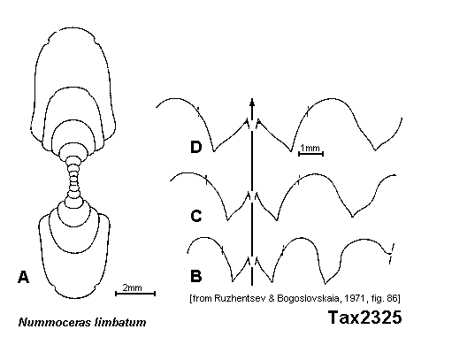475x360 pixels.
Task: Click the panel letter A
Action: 24,277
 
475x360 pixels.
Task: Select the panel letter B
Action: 196,276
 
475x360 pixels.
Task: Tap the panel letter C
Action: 196,216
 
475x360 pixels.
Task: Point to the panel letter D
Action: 196,147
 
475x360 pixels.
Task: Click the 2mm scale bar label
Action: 132,287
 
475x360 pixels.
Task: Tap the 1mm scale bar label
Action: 310,148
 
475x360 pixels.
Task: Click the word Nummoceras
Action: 55,322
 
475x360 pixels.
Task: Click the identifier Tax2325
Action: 365,318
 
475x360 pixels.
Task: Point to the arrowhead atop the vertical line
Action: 252,103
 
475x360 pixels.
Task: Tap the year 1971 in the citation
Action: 354,298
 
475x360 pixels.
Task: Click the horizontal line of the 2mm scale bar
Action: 135,294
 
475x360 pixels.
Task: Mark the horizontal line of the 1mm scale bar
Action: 311,154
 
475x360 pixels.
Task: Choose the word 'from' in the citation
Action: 202,298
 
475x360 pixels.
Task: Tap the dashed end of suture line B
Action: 391,254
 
